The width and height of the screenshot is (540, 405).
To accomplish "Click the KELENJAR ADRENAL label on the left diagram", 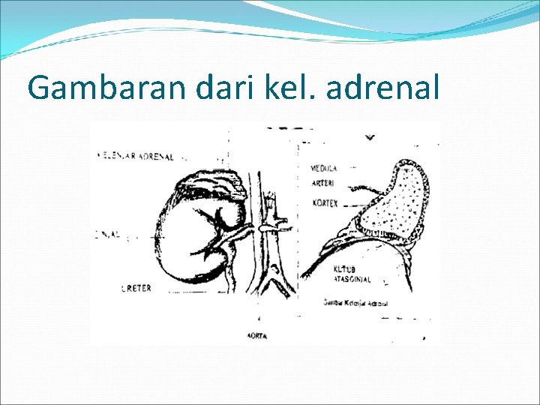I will [136, 157].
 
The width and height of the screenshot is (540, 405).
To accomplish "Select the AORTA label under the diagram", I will [257, 336].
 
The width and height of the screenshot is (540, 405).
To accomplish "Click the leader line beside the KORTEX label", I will [349, 203].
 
